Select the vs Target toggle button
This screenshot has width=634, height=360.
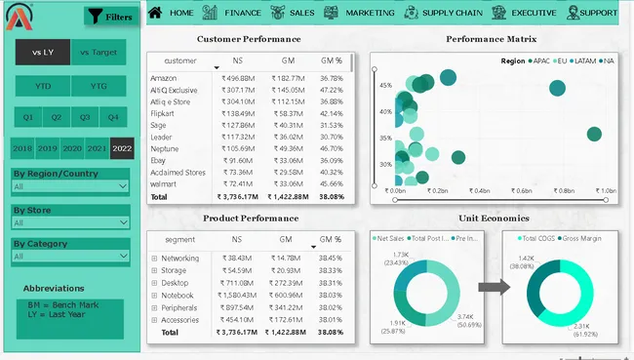(98, 51)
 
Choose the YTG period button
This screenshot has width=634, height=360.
(98, 87)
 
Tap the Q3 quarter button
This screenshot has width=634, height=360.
(85, 117)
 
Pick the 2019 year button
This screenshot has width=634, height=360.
(47, 148)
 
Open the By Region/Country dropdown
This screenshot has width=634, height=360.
(69, 185)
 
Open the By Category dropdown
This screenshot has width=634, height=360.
(69, 257)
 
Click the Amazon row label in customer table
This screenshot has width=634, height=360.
(165, 77)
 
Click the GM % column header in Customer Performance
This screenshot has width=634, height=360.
(331, 60)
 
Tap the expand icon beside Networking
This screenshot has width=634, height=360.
(154, 259)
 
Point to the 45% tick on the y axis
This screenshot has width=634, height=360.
(385, 85)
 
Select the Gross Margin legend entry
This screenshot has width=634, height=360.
(581, 238)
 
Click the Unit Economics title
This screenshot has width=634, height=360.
(494, 218)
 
